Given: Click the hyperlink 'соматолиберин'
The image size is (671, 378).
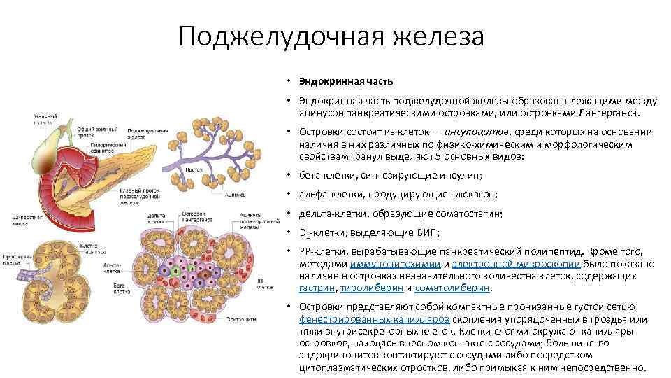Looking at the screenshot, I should (x=453, y=288).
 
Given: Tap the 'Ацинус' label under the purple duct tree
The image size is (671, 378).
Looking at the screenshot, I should (x=236, y=196).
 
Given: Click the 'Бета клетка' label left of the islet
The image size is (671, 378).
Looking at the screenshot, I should (x=122, y=288).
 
